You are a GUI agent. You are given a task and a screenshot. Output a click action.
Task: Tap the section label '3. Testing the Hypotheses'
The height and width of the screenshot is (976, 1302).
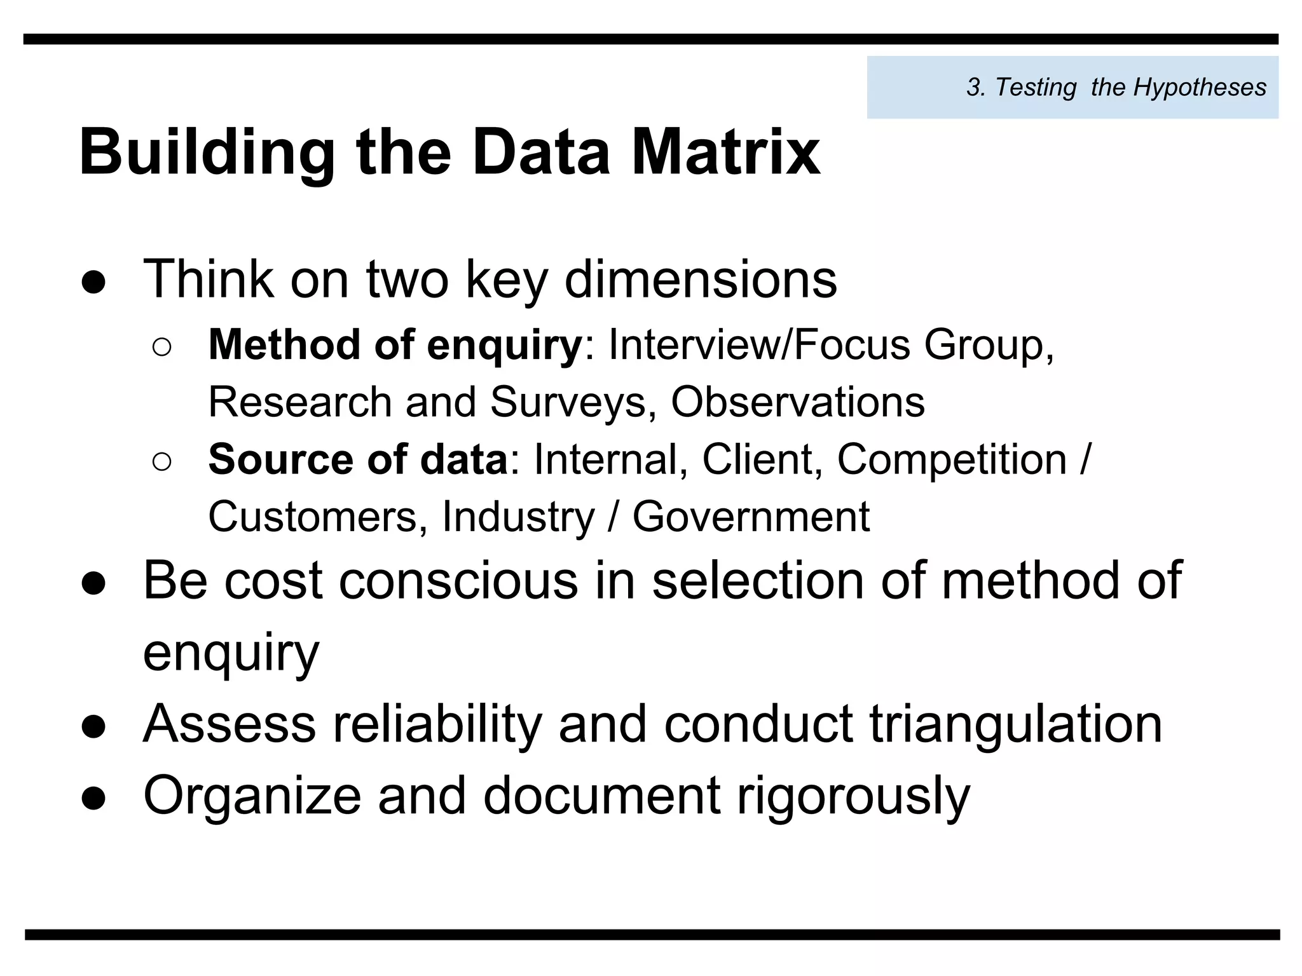coord(1116,87)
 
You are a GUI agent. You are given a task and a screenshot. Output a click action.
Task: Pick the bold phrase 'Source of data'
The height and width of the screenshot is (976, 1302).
coord(358,459)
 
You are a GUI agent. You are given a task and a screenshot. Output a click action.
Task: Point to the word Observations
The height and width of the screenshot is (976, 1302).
coord(798,402)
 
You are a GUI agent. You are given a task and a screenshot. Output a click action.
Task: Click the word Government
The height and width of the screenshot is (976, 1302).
coord(751,517)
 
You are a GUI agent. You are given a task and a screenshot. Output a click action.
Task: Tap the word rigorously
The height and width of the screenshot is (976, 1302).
coord(853,796)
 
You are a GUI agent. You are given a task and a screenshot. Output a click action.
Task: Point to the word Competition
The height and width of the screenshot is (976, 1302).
coord(952,459)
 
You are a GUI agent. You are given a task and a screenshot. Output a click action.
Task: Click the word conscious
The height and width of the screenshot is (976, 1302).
coord(458,580)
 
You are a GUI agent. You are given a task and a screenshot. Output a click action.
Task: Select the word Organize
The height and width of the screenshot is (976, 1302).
coord(252,796)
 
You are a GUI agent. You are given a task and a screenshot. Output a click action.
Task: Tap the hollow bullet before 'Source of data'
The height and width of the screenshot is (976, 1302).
coord(162,463)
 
